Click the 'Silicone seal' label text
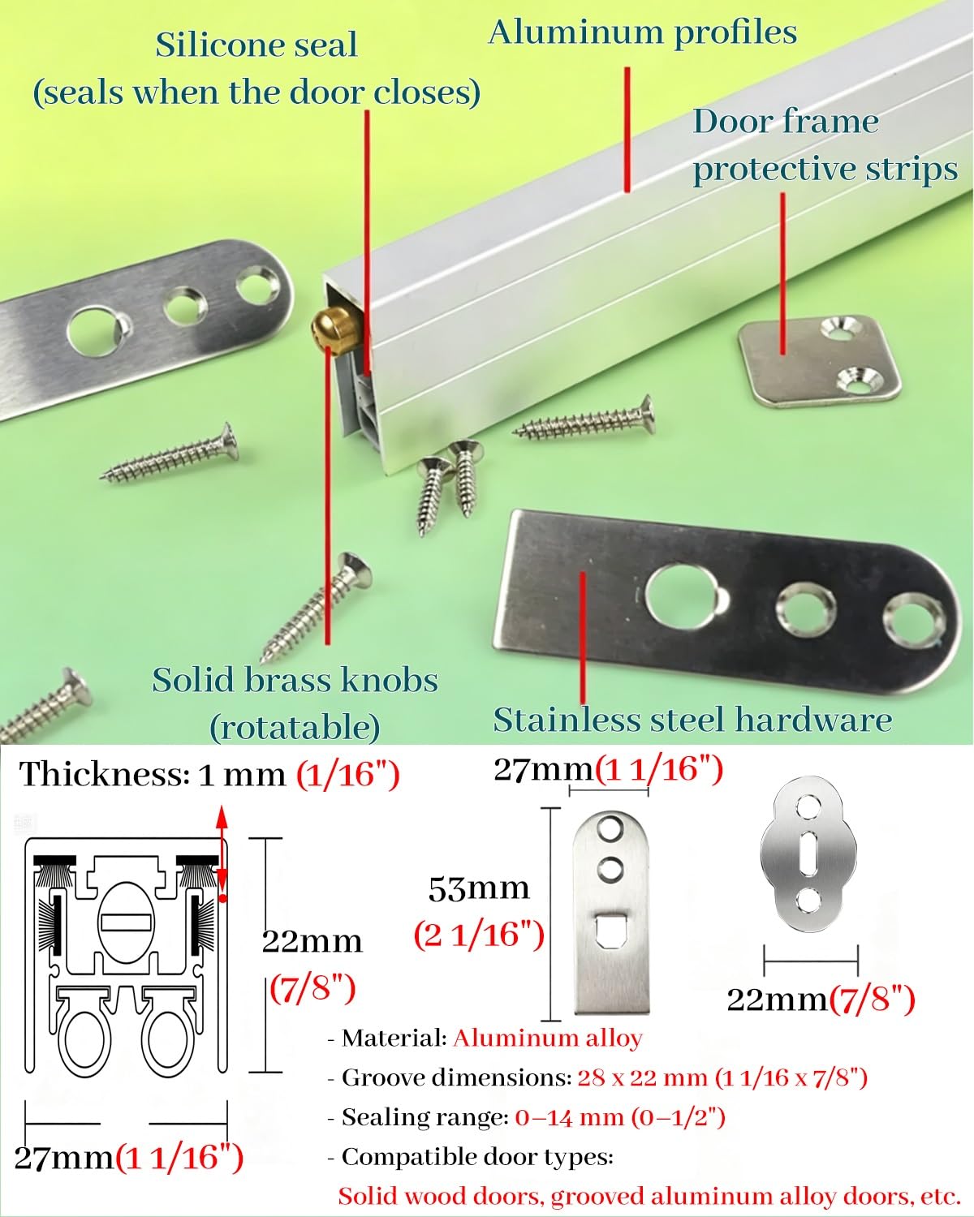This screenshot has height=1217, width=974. (256, 45)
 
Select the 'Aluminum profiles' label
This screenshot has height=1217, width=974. (643, 32)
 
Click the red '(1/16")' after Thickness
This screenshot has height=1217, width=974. (348, 774)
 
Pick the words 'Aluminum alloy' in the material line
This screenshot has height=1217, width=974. (547, 1038)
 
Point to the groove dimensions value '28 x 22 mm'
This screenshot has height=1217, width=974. (642, 1077)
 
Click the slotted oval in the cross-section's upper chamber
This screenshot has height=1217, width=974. (125, 924)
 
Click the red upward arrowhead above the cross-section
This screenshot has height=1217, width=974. (222, 818)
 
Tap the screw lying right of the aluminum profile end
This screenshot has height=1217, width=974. (584, 420)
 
